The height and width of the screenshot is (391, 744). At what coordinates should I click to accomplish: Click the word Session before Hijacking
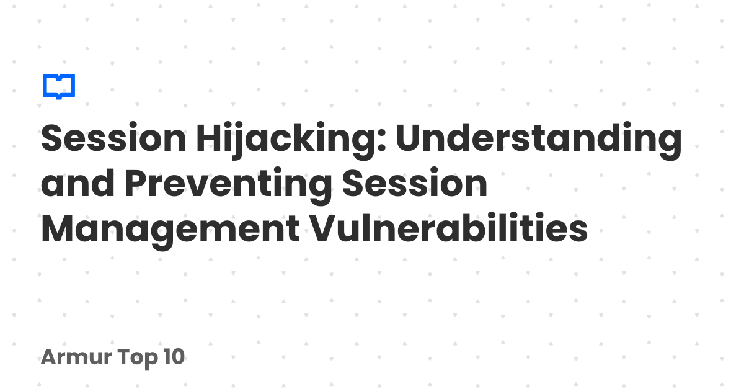click(113, 138)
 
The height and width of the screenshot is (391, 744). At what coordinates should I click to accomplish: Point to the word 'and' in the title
click(77, 183)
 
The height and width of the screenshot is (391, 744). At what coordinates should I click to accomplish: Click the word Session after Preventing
click(415, 183)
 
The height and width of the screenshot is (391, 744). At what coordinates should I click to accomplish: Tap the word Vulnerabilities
click(449, 227)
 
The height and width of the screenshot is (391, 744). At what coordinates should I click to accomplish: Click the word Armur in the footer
click(76, 357)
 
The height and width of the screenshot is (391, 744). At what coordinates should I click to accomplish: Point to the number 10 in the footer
click(174, 357)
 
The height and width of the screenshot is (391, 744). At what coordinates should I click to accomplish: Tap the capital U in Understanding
click(410, 138)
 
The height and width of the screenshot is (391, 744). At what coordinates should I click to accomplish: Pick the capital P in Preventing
click(136, 182)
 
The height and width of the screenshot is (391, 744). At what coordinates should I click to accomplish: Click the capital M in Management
click(57, 228)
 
